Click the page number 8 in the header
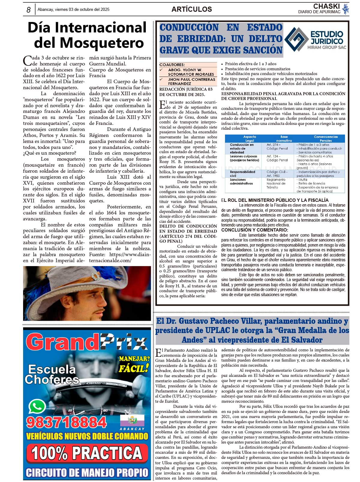click(x=28, y=10)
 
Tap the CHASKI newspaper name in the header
click(x=326, y=6)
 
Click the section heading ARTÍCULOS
click(x=191, y=9)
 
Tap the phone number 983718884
click(x=66, y=422)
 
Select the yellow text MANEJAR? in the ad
click(x=134, y=359)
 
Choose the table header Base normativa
click(x=284, y=138)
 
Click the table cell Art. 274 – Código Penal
click(x=277, y=147)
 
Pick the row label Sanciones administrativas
click(x=241, y=181)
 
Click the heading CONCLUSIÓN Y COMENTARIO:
click(x=255, y=230)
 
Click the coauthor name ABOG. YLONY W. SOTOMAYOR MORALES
click(x=191, y=72)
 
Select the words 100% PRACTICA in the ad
click(x=87, y=453)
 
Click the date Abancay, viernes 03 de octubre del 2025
click(x=73, y=10)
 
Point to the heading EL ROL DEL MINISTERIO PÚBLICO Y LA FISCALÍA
click(x=275, y=200)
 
